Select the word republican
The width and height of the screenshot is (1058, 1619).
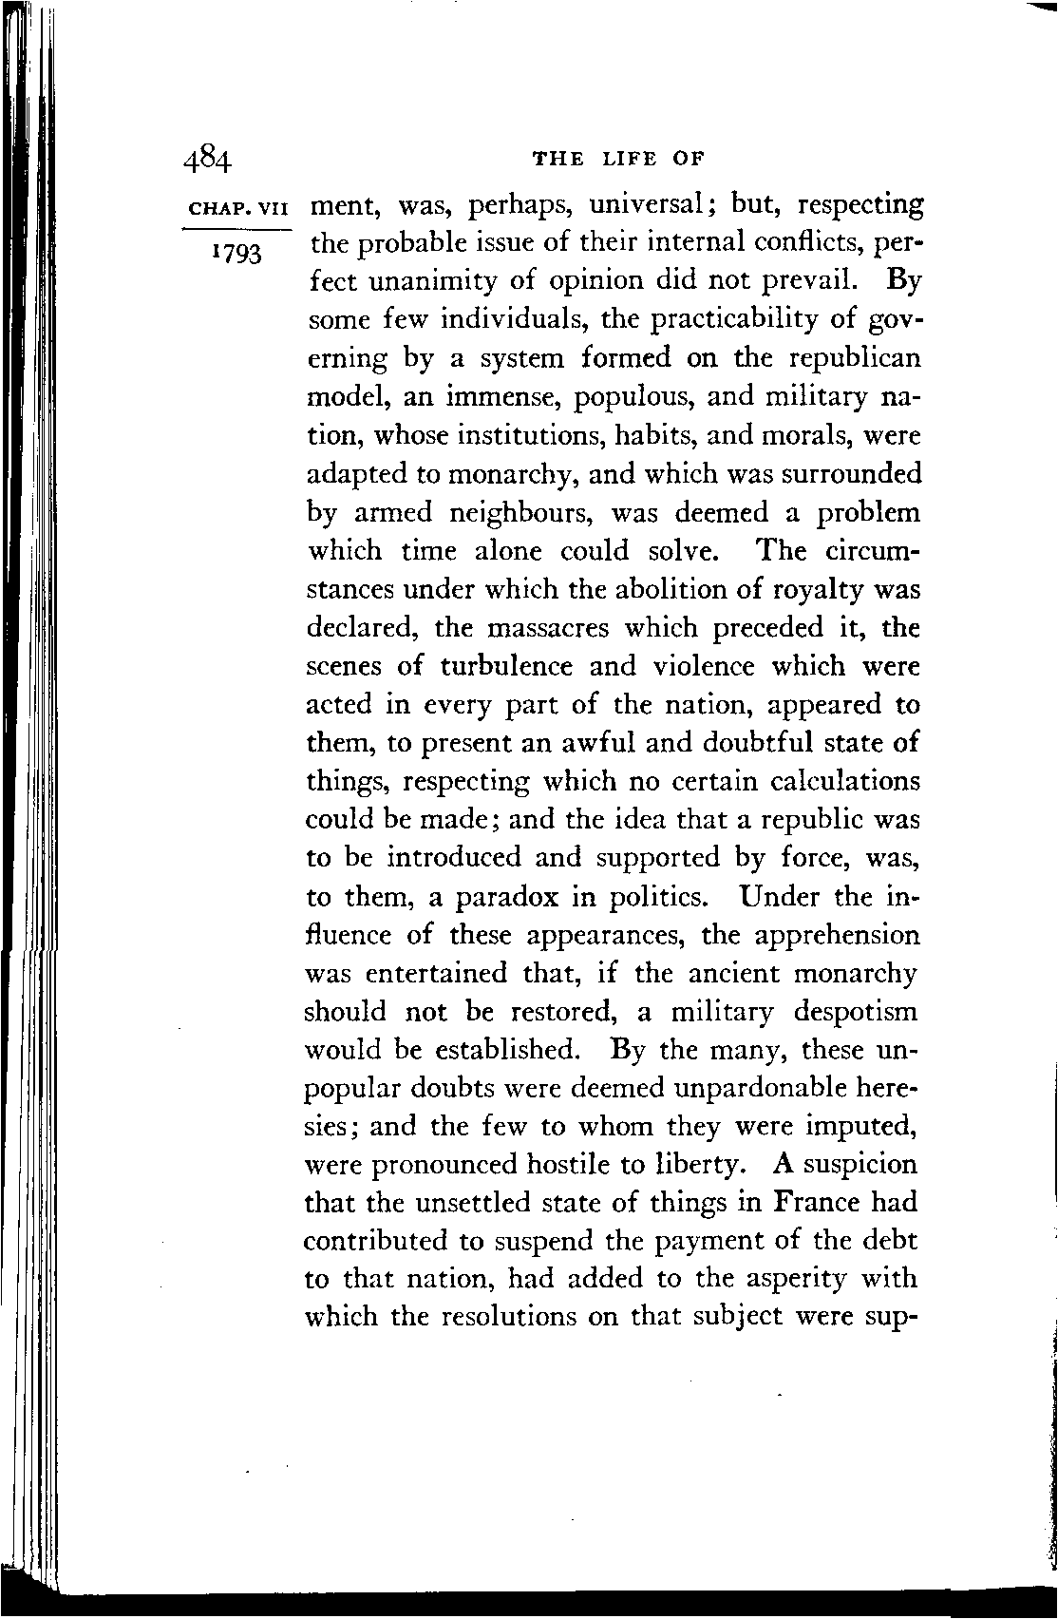pyautogui.click(x=847, y=358)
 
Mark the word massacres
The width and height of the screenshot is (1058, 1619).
pyautogui.click(x=585, y=628)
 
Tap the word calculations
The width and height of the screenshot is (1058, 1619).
pyautogui.click(x=843, y=781)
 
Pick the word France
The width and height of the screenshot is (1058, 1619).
pyautogui.click(x=818, y=1202)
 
